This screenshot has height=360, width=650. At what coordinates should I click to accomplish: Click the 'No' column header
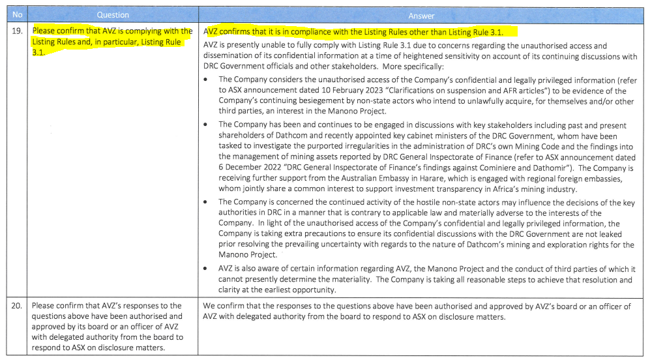[18, 14]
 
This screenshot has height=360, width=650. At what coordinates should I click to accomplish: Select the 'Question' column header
[113, 14]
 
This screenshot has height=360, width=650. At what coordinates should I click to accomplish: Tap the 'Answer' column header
[421, 14]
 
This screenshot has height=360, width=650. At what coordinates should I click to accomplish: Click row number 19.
[18, 31]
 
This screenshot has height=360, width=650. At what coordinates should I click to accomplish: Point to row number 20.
[18, 305]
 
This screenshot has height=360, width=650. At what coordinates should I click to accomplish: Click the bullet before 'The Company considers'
[207, 79]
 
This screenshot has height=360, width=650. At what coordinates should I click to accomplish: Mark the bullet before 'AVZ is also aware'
[207, 268]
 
